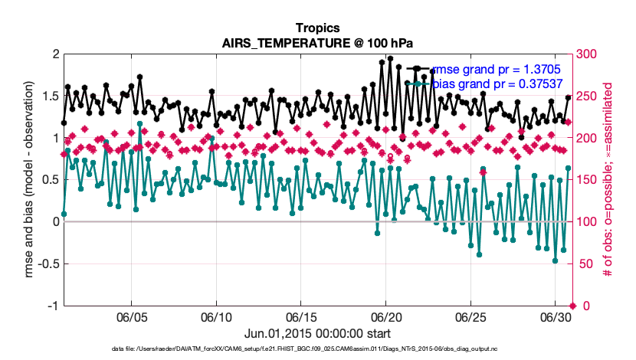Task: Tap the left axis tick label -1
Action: (x=52, y=306)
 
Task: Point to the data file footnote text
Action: (x=318, y=350)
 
